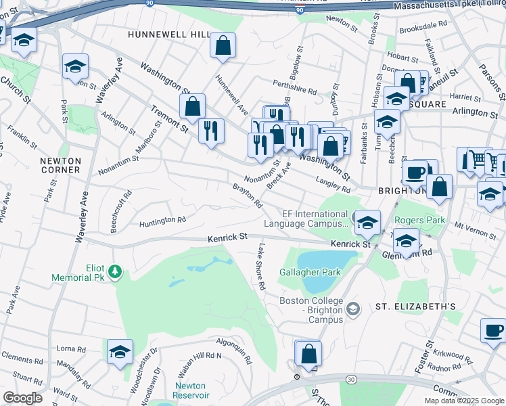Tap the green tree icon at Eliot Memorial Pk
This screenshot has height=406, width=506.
coord(116,272)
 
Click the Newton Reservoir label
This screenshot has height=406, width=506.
coord(189,390)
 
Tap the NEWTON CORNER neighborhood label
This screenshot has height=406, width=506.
coord(60,165)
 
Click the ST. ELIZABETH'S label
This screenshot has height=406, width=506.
coord(415,307)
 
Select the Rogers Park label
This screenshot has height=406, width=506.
coord(419,221)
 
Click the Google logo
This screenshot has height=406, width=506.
coord(22,398)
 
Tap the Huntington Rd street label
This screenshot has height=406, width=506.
coord(162,221)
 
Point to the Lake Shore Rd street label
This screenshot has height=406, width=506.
coord(260,267)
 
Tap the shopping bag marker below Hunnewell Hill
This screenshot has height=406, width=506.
coord(223,46)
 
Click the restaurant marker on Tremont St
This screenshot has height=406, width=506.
coord(211,130)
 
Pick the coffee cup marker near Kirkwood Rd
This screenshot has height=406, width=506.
coord(493,331)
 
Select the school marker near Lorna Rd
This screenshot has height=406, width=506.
coord(120,353)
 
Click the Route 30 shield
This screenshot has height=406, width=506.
coord(350,381)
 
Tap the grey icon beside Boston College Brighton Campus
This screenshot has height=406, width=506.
coord(352,309)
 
